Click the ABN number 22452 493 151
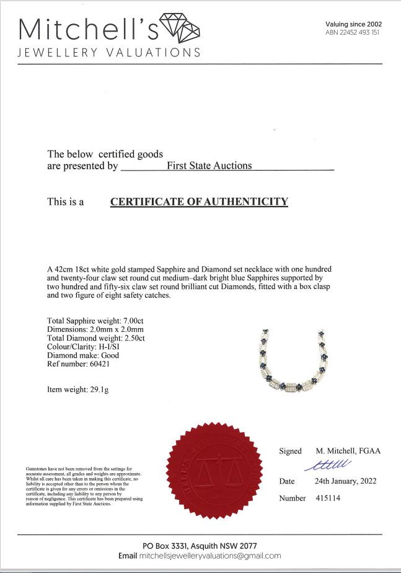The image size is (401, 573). click(x=352, y=32)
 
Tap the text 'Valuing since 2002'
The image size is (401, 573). click(x=353, y=24)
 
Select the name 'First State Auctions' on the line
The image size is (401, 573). click(x=209, y=166)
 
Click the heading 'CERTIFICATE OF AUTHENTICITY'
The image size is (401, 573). click(x=199, y=202)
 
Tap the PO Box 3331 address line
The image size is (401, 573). click(x=200, y=545)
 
